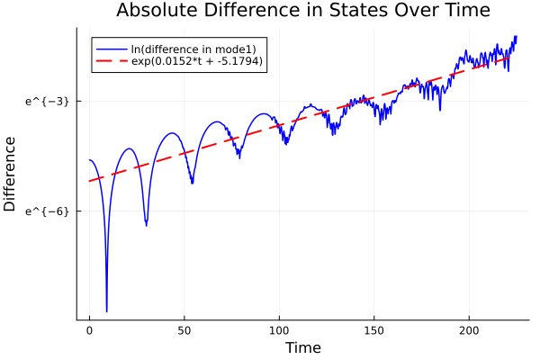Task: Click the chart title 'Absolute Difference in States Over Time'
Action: pos(303,11)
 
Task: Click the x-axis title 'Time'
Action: pos(302,347)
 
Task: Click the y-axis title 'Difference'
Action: pos(11,174)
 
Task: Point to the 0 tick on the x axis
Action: pos(89,330)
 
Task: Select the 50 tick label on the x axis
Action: pos(184,330)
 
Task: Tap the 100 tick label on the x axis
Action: pos(279,330)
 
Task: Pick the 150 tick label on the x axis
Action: pos(374,330)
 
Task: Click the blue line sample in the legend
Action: pos(111,48)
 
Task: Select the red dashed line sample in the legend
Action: pos(111,61)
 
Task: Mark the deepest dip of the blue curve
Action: pos(106,311)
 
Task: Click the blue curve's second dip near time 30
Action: pos(146,224)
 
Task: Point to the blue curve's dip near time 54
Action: pos(192,183)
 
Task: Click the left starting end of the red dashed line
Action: pos(89,181)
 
